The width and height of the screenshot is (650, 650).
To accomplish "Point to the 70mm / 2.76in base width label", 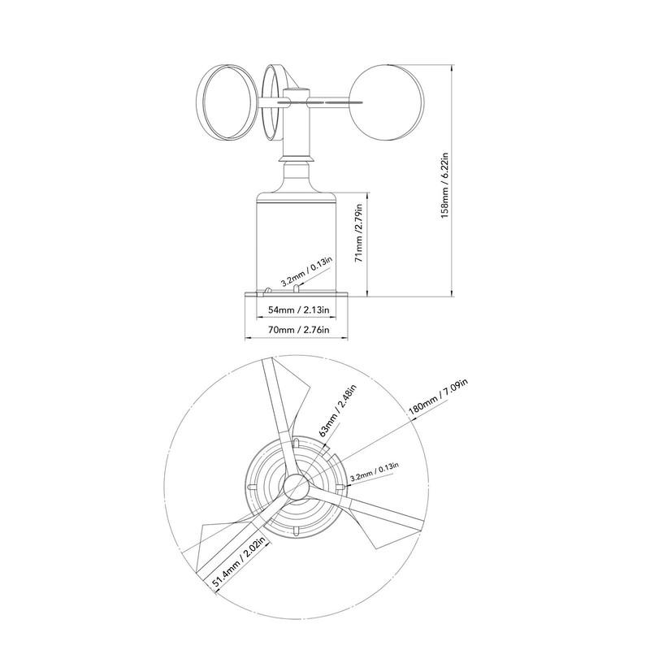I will pyautogui.click(x=297, y=331).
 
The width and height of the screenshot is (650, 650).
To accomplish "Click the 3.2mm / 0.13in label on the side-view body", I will pyautogui.click(x=305, y=273).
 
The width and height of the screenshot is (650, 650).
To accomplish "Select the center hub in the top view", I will pyautogui.click(x=294, y=486).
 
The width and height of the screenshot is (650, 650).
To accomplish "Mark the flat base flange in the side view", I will pyautogui.click(x=297, y=294).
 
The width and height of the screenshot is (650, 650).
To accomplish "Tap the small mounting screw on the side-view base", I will pyautogui.click(x=268, y=289).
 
